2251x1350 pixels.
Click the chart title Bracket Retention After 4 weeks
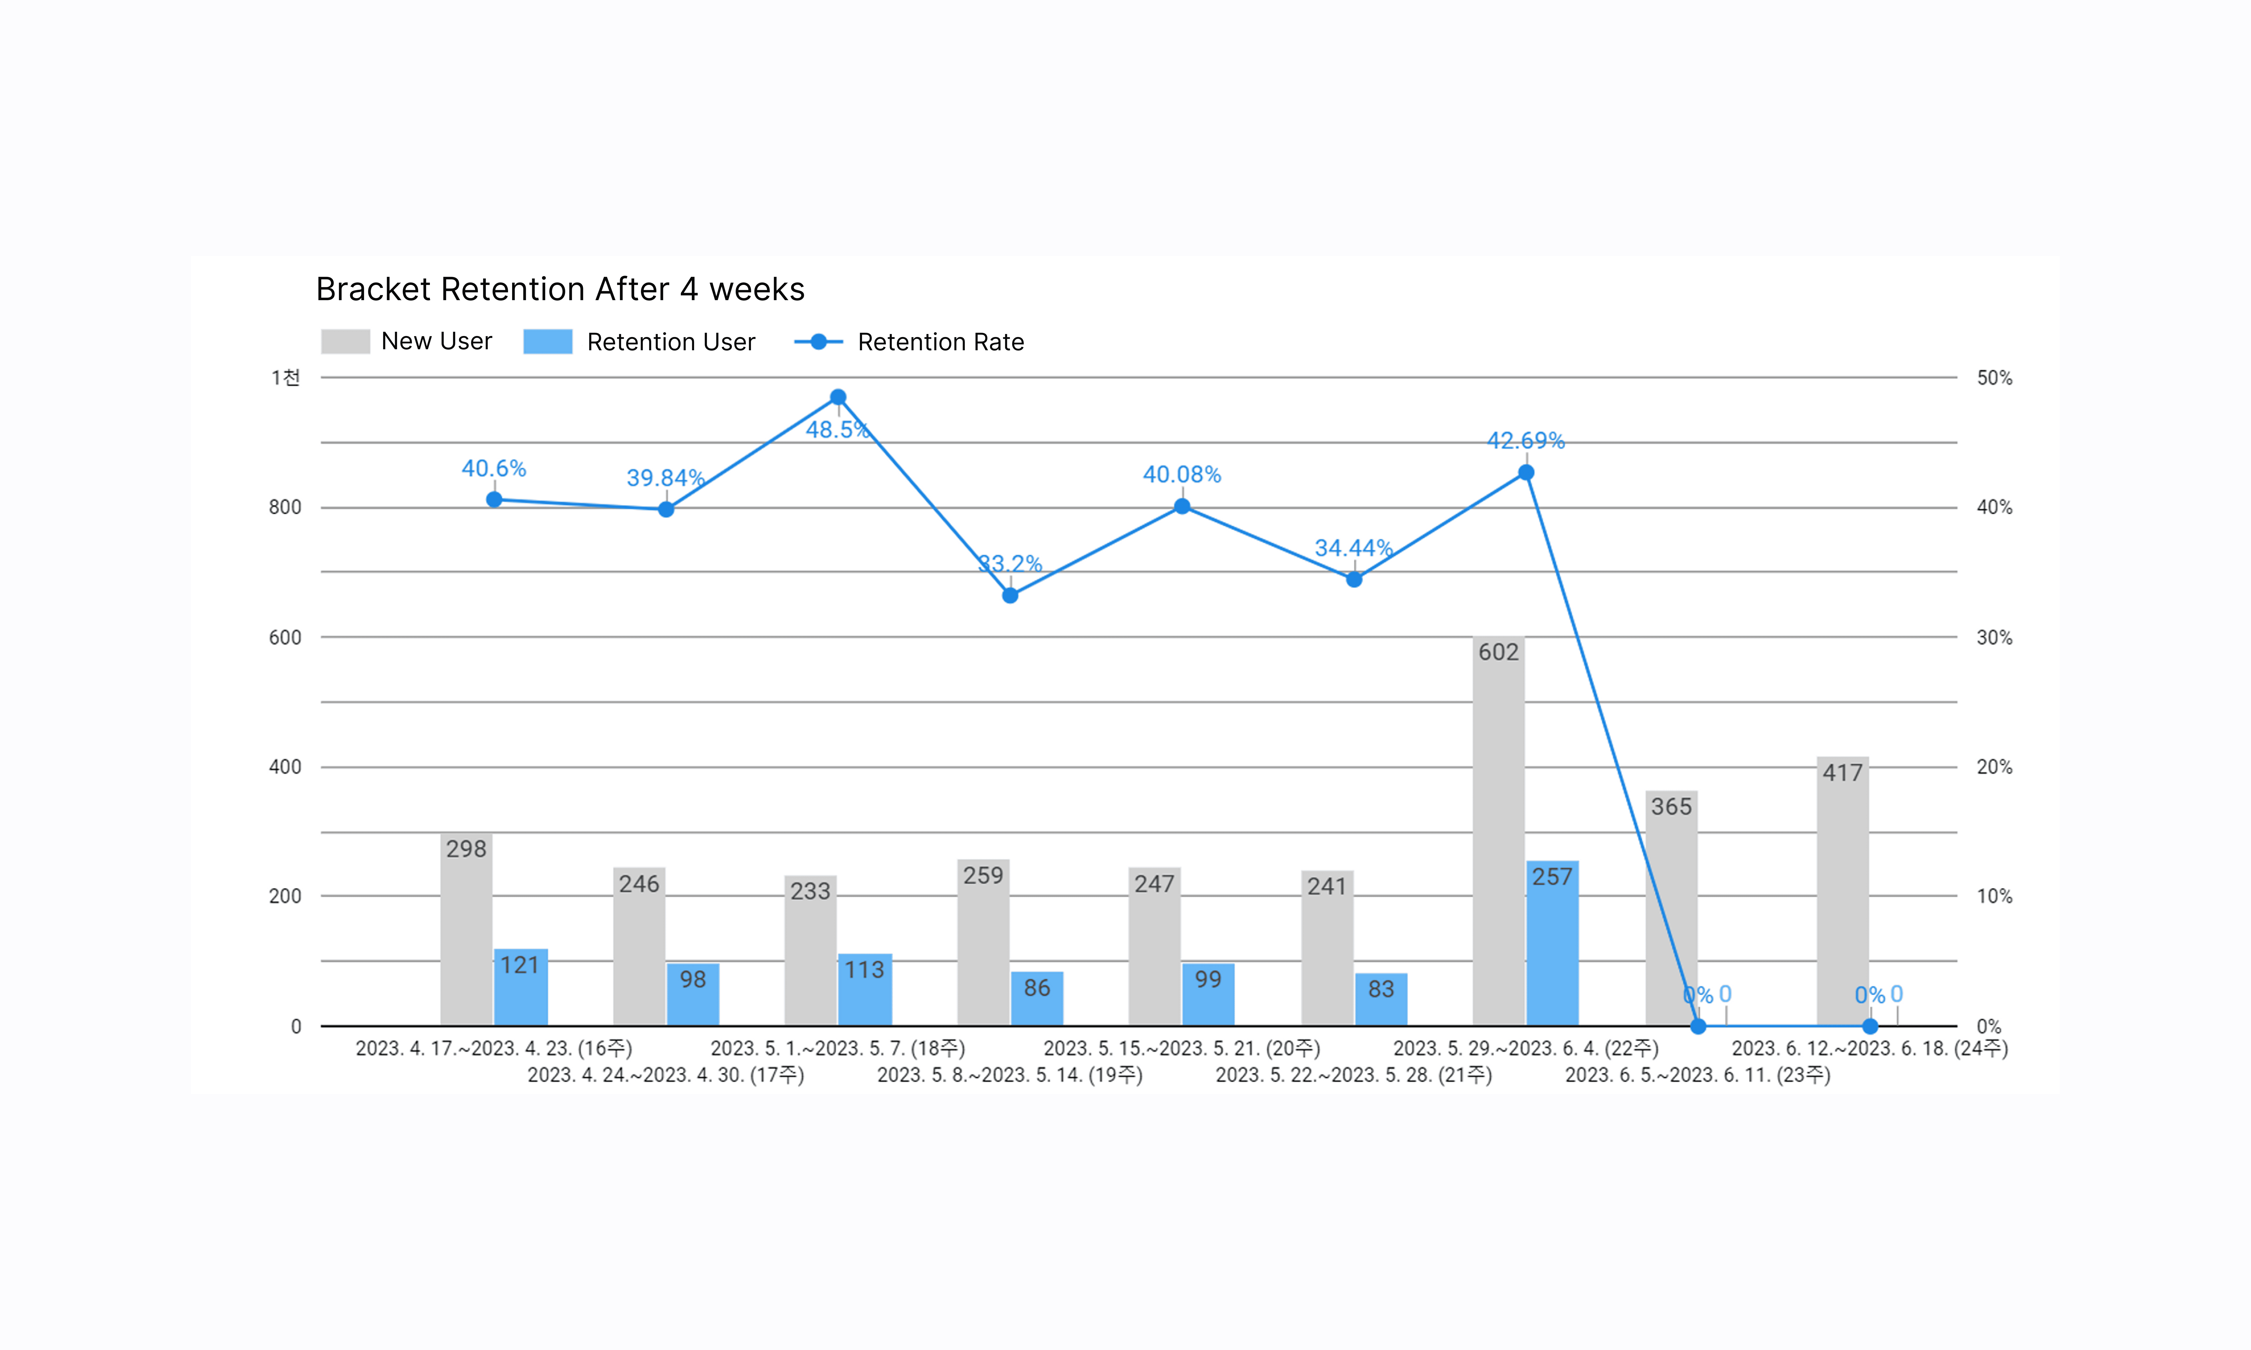point(559,289)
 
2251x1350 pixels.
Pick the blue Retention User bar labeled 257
point(1552,943)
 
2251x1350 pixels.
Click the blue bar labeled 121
point(520,987)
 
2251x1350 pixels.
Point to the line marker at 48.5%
point(838,398)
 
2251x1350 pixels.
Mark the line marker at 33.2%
point(1010,596)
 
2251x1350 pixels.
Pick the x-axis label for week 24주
point(1870,1048)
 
